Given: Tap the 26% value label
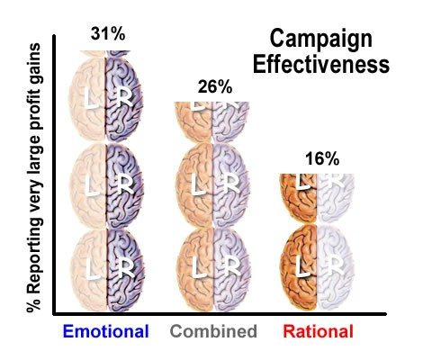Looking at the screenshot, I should tap(215, 87).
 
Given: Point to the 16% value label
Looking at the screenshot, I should tap(321, 159).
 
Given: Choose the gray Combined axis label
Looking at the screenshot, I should tap(213, 331).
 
